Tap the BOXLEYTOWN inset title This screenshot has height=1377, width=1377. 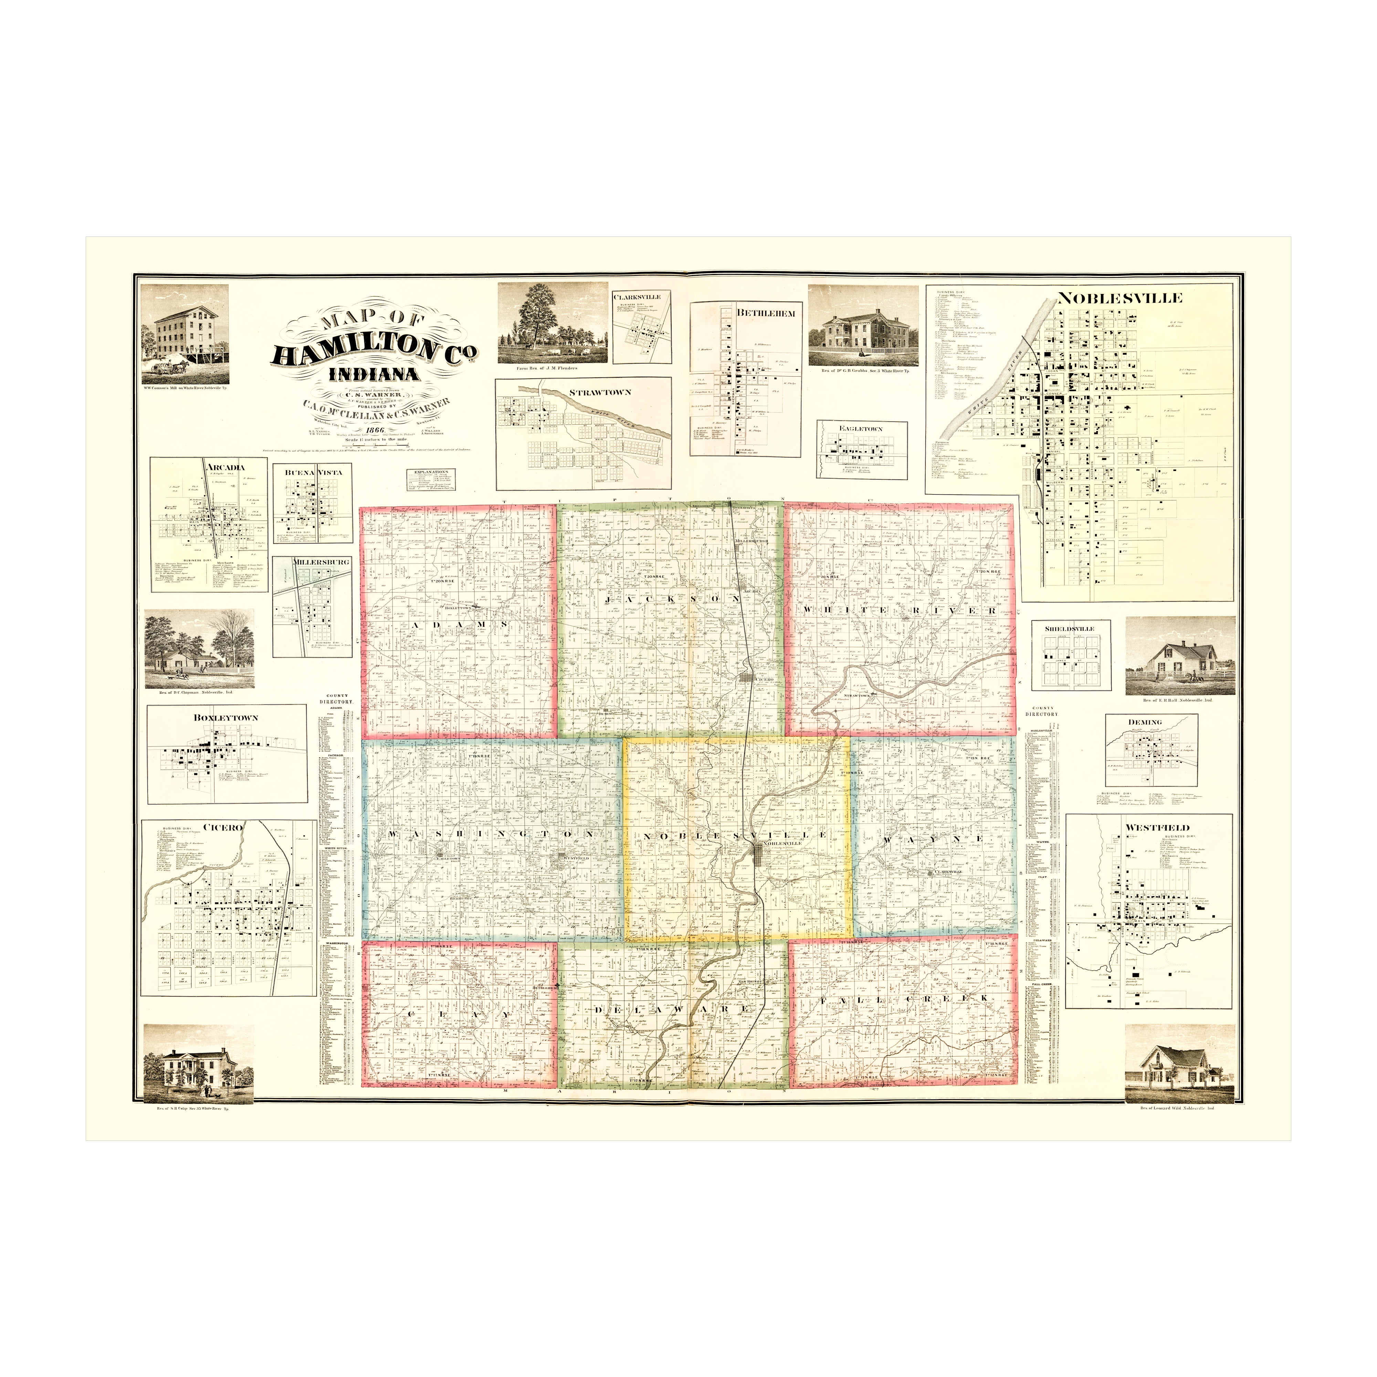225,718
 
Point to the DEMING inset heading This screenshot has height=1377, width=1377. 1145,722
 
